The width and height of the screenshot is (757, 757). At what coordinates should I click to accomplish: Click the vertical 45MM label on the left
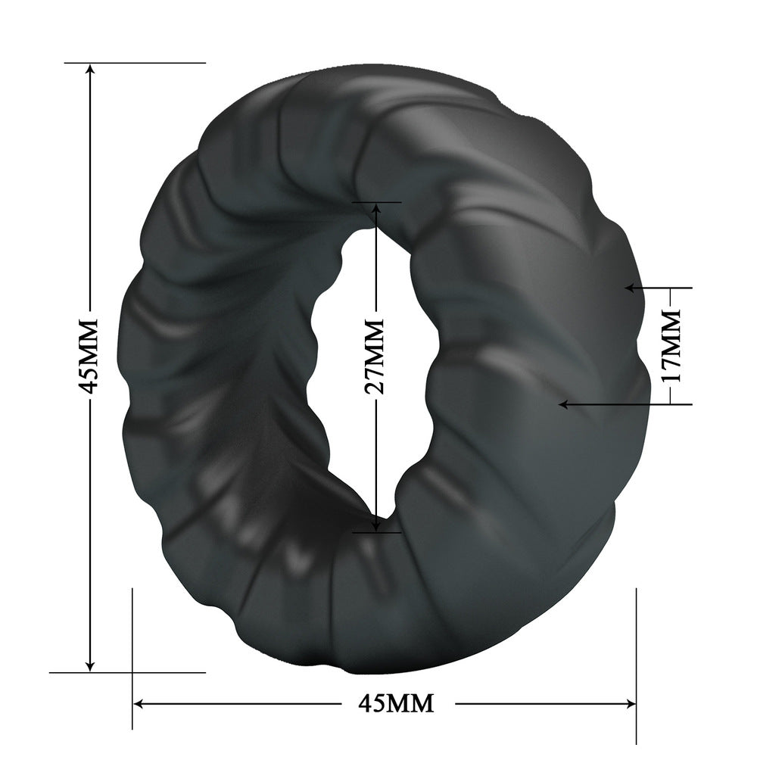pos(89,356)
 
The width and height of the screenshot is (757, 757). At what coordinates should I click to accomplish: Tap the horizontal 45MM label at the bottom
pos(397,703)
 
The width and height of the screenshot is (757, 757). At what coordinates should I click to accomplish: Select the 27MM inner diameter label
pos(374,357)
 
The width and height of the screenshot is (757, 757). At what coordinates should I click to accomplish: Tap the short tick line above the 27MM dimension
pos(376,202)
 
